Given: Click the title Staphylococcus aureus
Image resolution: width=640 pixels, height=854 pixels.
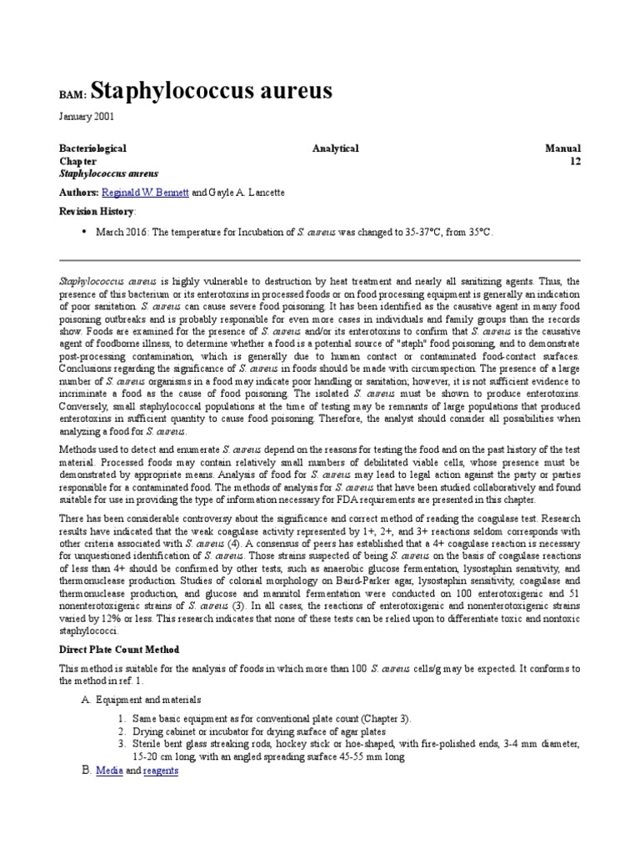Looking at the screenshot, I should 210,90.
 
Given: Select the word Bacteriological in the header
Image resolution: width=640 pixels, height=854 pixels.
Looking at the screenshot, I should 92,148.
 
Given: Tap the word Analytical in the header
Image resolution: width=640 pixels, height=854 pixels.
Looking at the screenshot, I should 335,148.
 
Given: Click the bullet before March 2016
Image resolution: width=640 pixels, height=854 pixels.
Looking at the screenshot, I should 84,232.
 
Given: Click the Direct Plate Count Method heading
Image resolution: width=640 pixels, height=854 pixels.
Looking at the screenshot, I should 118,649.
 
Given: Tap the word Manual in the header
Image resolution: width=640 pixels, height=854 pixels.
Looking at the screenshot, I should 562,148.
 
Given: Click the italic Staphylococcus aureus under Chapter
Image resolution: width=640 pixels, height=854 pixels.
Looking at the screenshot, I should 108,173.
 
